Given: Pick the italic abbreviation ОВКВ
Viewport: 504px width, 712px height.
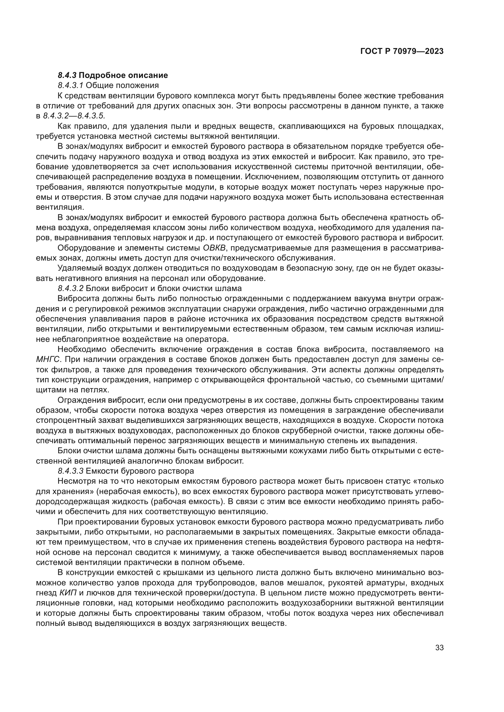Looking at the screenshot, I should click(x=215, y=248).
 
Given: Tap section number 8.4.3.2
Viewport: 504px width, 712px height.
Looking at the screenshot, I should click(x=70, y=288).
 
